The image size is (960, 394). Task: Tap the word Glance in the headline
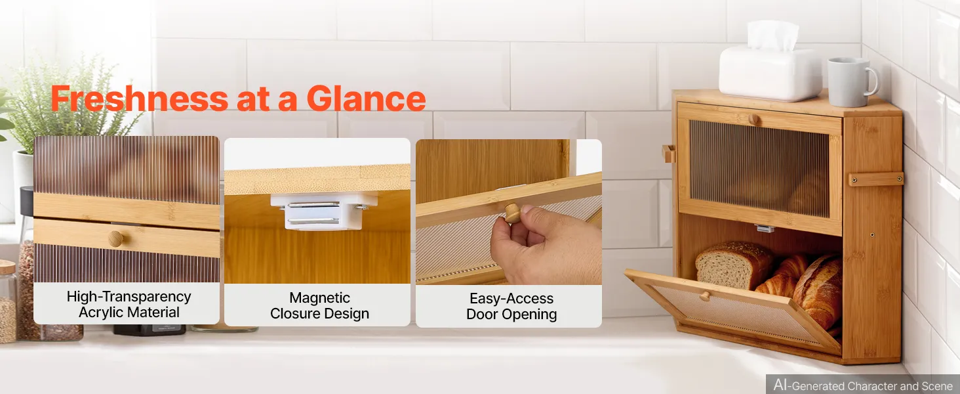(x=366, y=98)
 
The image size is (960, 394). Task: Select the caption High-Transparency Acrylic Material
(x=129, y=304)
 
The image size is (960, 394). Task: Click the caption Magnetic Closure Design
(x=320, y=305)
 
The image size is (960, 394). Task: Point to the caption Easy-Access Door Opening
(x=511, y=307)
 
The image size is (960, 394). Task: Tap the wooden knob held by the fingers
(x=513, y=213)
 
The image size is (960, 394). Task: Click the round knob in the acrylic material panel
(x=115, y=238)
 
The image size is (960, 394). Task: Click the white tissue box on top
(x=770, y=72)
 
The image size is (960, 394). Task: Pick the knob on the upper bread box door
(x=754, y=120)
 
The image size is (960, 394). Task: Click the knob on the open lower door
(x=704, y=295)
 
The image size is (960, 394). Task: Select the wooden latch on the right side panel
(x=875, y=179)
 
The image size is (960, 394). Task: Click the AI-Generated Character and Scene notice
(x=863, y=385)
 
